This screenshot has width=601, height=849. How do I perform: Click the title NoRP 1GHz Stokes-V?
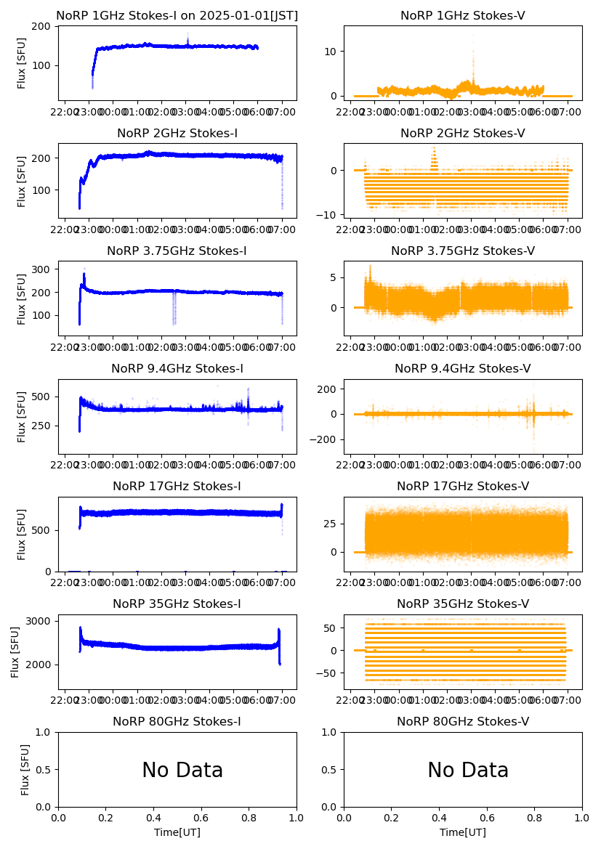click(463, 16)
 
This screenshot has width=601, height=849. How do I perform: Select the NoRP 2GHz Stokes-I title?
click(177, 134)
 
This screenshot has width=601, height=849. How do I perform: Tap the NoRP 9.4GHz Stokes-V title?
click(463, 369)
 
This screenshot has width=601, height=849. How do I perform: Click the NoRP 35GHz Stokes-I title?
click(177, 604)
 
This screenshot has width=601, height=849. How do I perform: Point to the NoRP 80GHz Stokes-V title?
click(463, 722)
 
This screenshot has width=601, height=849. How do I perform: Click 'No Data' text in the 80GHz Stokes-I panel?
click(182, 771)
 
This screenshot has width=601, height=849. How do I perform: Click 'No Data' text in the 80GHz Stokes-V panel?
click(468, 771)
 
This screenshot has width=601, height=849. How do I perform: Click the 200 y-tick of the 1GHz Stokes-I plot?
click(43, 27)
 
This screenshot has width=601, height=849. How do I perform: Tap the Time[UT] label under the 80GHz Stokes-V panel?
click(463, 832)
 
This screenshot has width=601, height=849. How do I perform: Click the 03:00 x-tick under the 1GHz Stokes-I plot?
click(185, 113)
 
